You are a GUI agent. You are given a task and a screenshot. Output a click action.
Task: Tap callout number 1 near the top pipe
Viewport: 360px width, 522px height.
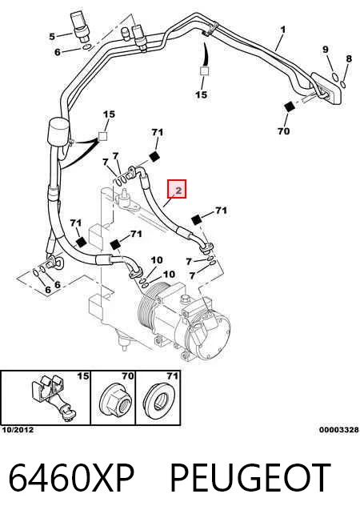(283, 30)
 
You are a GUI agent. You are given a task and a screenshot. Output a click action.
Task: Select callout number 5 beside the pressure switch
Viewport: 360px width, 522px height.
(52, 36)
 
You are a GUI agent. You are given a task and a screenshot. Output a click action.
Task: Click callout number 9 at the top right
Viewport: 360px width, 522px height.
(326, 50)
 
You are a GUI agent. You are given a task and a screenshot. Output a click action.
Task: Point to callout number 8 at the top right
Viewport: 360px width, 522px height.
(349, 59)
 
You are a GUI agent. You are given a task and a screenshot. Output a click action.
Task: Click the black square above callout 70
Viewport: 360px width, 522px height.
(290, 107)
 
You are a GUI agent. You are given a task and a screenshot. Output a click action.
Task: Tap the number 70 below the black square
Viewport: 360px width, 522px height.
(283, 131)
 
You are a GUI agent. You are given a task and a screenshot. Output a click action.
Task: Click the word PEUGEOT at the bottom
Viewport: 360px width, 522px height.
(250, 477)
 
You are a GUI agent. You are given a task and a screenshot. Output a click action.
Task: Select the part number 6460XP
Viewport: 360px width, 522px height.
(71, 477)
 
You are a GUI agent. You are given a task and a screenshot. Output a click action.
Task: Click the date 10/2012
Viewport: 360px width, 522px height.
(18, 430)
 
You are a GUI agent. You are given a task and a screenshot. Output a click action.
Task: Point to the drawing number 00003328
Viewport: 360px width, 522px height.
(339, 430)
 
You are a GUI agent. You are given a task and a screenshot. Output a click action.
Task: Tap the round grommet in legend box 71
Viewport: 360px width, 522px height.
(159, 400)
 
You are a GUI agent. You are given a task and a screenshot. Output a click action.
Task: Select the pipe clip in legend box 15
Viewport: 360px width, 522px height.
(54, 398)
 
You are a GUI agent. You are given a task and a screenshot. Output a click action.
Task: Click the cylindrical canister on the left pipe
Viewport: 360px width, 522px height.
(59, 132)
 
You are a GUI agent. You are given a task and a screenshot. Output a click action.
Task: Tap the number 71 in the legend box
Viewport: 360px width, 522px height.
(172, 376)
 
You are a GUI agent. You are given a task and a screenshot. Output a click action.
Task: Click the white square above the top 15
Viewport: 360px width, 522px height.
(204, 71)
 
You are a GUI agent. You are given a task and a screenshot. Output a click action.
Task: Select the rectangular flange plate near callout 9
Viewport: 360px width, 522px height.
(326, 89)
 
